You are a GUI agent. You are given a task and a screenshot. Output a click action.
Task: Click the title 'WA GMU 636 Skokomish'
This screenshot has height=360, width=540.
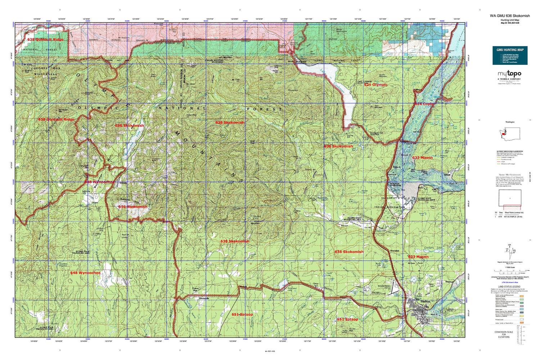click(509, 16)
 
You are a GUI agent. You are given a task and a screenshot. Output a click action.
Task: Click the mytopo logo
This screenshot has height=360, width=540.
click(509, 74)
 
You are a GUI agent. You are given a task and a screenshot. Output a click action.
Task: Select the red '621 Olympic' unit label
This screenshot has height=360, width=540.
click(375, 85)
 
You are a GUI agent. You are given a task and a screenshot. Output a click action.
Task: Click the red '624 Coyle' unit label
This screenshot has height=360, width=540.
click(424, 104)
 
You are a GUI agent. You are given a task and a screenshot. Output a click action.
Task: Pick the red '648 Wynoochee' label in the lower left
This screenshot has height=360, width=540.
click(85, 273)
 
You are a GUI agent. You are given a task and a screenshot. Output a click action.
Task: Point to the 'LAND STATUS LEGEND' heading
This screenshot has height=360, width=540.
click(510, 287)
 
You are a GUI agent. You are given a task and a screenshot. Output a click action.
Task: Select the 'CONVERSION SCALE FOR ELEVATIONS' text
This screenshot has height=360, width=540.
click(510, 335)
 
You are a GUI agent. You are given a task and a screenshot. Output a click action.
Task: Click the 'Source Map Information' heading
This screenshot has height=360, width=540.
click(510, 175)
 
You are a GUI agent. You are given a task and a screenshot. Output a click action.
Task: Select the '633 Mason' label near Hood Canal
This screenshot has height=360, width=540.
click(422, 158)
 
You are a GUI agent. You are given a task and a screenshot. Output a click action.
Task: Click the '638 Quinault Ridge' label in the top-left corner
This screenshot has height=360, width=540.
click(45, 40)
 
